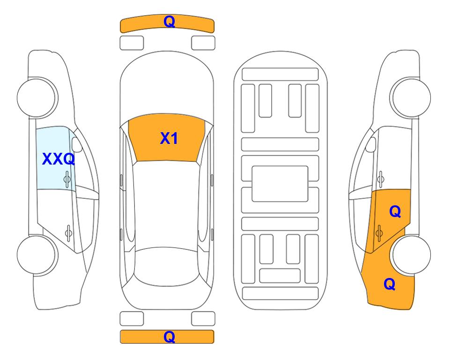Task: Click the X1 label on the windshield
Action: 169,138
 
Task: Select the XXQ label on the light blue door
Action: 59,159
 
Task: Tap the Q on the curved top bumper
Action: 170,22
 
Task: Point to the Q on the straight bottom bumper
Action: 170,337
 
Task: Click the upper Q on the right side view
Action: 395,212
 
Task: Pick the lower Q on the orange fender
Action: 390,284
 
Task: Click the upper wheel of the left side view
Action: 37,97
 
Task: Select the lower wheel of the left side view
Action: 37,255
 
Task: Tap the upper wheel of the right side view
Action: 411,97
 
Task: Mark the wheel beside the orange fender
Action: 411,255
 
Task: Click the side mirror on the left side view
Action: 77,144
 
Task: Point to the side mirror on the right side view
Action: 371,144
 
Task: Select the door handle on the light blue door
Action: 67,179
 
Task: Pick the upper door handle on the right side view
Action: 381,179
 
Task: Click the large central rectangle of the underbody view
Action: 280,184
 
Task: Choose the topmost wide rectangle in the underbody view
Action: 280,75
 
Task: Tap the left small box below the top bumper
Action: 132,43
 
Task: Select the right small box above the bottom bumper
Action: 203,319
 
